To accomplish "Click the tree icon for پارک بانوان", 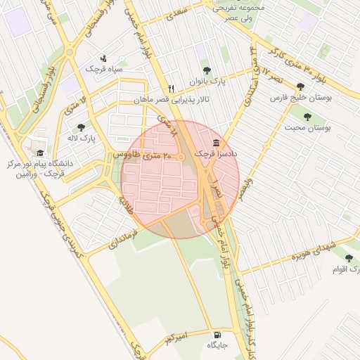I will pyautogui.click(x=207, y=70).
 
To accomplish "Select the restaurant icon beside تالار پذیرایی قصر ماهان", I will pyautogui.click(x=162, y=89).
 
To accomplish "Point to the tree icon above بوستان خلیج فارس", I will pyautogui.click(x=301, y=86).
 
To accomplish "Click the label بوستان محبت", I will pyautogui.click(x=307, y=128).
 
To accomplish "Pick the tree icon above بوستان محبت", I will pyautogui.click(x=307, y=116).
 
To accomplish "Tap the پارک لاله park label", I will pyautogui.click(x=82, y=139).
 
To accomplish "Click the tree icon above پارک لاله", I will pyautogui.click(x=81, y=128).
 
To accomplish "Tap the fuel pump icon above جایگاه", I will pyautogui.click(x=216, y=335).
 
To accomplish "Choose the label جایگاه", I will pyautogui.click(x=216, y=346).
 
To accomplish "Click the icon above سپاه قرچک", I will pyautogui.click(x=104, y=58).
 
